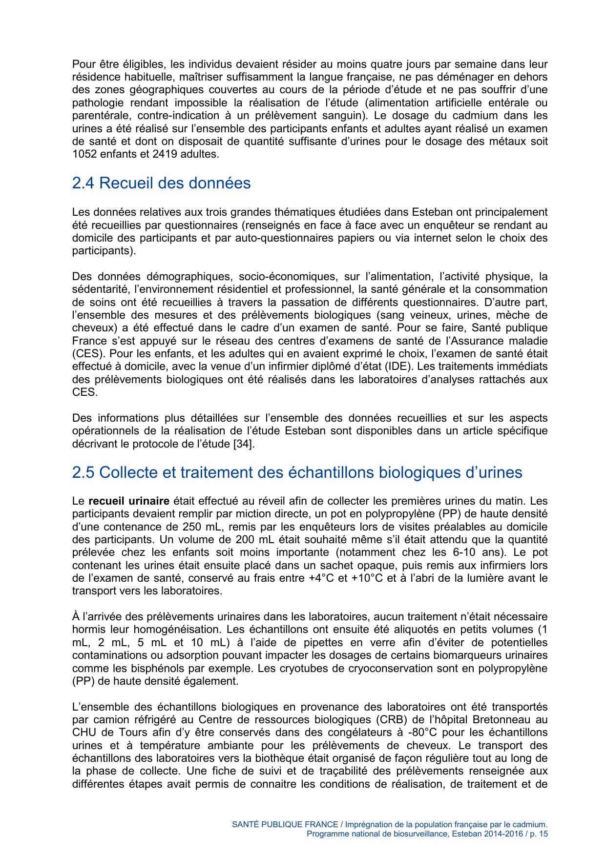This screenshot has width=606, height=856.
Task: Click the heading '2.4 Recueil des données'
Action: coord(161,183)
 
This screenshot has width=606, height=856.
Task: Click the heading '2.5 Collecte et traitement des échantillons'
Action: coord(297,472)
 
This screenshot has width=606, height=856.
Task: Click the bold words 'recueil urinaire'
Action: coord(129,501)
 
